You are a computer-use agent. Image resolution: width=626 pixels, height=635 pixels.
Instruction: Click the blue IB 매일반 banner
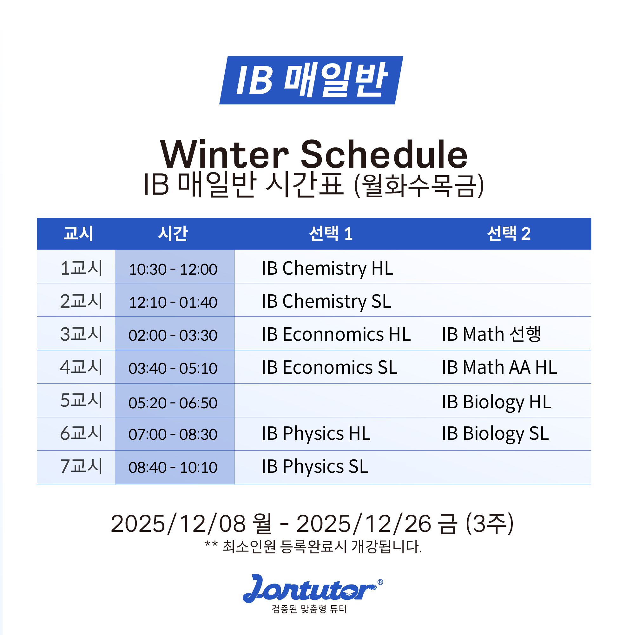(311, 80)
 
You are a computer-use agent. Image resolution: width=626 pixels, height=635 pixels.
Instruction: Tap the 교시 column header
(78, 233)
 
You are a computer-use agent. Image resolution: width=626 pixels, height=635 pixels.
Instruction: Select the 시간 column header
(173, 233)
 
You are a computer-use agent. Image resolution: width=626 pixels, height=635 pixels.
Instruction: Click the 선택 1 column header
(331, 233)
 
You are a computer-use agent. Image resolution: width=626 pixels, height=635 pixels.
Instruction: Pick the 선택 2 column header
(508, 233)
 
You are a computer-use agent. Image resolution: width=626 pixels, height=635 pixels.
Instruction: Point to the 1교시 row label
(81, 268)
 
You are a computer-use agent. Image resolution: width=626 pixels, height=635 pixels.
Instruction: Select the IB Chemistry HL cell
(327, 268)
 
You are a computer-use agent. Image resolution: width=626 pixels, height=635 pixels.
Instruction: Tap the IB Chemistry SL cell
(326, 301)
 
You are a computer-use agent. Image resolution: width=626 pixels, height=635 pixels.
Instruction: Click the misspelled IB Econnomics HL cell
(336, 334)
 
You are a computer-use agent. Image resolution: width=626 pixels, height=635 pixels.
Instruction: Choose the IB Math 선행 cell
(491, 334)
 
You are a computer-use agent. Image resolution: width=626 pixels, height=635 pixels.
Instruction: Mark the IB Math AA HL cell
(499, 367)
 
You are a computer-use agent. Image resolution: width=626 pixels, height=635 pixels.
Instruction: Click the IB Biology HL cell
(496, 402)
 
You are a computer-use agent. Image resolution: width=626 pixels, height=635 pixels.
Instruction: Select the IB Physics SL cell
(315, 466)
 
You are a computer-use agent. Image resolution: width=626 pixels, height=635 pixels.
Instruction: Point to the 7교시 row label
(81, 466)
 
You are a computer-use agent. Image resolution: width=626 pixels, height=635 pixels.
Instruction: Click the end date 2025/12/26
(364, 524)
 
